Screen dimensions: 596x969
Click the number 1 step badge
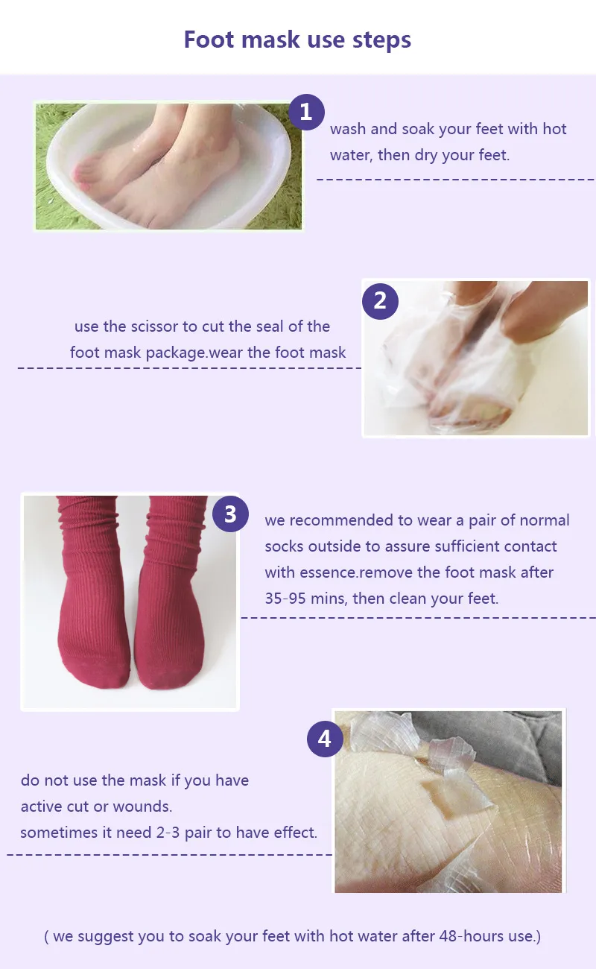306,112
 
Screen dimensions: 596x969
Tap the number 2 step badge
380,300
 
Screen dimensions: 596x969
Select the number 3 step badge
230,514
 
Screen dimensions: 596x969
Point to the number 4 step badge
325,739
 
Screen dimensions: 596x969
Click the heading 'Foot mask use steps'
297,40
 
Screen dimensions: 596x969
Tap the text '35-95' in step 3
285,599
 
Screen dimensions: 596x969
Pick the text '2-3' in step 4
168,833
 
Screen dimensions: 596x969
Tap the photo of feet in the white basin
168,166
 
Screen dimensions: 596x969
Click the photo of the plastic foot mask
476,359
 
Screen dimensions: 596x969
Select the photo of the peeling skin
448,801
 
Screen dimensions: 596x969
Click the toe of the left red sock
96,675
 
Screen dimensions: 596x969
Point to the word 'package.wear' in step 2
194,353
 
